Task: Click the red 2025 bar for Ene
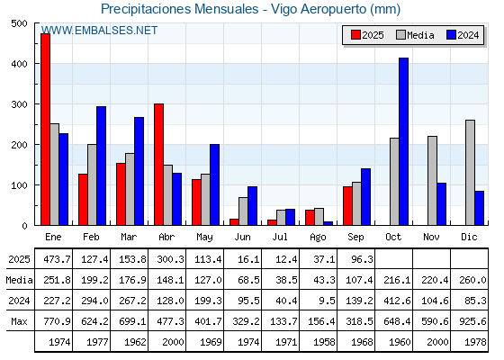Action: click(x=45, y=130)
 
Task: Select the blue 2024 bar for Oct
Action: click(x=404, y=141)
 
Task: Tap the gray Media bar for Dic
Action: click(x=470, y=173)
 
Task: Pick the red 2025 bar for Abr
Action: click(x=158, y=164)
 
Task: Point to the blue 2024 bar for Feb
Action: click(x=101, y=166)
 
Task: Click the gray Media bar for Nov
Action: click(x=432, y=181)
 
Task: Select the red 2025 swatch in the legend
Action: click(x=355, y=35)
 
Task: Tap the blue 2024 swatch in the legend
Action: click(x=451, y=35)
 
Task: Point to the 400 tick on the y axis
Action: click(x=19, y=64)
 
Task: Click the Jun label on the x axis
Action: click(x=242, y=238)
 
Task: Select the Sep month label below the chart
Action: click(x=355, y=238)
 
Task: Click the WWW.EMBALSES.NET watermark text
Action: click(x=99, y=31)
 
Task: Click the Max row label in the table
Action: click(x=19, y=321)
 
